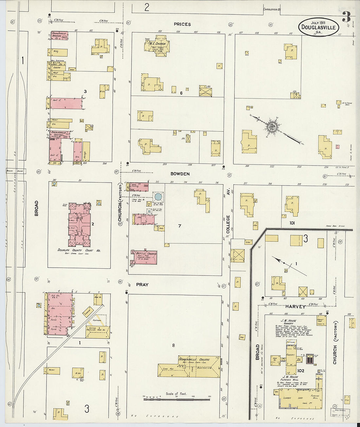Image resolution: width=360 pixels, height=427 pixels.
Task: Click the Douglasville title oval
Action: (318, 27)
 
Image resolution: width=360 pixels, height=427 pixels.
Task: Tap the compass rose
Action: (272, 126)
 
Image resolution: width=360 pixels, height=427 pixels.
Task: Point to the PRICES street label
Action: (182, 24)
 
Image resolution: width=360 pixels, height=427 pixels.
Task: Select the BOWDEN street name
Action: (180, 174)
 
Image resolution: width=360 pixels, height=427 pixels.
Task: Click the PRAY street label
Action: (142, 285)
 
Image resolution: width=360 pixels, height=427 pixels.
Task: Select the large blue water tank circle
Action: (158, 197)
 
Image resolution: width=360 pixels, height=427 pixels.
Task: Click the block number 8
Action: (173, 345)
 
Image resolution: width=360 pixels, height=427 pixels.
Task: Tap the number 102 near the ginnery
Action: (301, 371)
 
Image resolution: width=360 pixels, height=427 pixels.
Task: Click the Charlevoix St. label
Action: (272, 9)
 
